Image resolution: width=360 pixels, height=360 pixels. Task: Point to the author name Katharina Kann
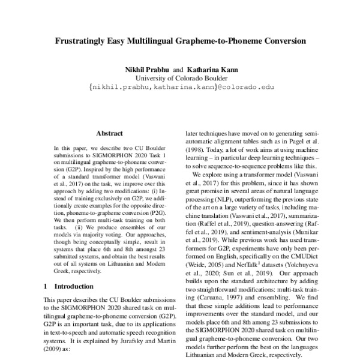pyautogui.click(x=212, y=70)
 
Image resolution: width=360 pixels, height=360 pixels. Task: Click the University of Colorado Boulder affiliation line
pyautogui.click(x=181, y=78)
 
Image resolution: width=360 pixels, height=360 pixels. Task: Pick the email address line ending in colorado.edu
pyautogui.click(x=181, y=87)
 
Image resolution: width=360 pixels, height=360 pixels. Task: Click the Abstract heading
pyautogui.click(x=109, y=133)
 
